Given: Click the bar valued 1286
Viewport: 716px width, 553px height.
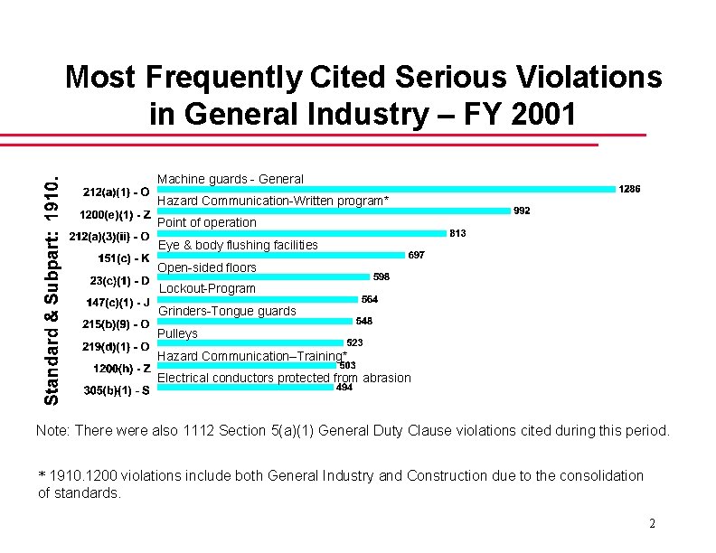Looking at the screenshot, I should [386, 189].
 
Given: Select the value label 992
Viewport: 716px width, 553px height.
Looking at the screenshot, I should [522, 211].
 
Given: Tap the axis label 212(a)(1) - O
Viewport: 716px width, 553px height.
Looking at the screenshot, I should [117, 192].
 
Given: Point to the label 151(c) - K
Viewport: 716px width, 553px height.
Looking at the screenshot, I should [124, 259].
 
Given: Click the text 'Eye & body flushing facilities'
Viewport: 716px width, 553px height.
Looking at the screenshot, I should [238, 245].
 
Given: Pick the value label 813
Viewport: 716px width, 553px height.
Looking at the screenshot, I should [457, 233].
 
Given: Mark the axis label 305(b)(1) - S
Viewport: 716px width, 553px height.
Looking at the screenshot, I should [117, 390].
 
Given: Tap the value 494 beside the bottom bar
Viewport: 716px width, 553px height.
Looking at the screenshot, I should [344, 388].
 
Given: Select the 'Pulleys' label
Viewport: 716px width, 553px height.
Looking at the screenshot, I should [177, 333].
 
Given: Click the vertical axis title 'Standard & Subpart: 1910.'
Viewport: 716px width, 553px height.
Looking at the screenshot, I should [53, 281].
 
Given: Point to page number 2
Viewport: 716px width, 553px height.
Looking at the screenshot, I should [652, 525].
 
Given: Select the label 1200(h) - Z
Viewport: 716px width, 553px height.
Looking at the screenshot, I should [122, 369].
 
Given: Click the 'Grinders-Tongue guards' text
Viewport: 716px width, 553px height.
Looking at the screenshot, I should [227, 311].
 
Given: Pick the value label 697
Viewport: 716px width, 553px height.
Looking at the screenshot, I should [417, 255].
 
